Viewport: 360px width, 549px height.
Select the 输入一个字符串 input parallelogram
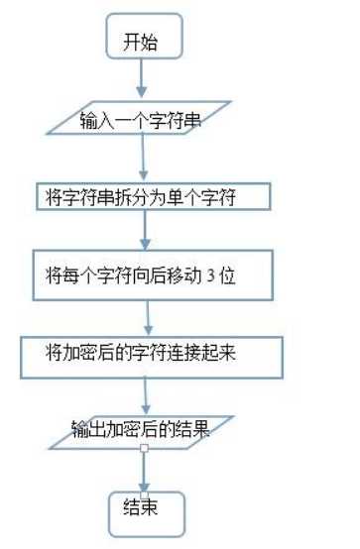coord(145,120)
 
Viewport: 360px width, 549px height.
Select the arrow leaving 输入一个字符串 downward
coord(145,158)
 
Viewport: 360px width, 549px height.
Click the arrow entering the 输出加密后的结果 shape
coord(147,392)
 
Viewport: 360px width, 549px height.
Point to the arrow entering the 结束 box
coord(145,471)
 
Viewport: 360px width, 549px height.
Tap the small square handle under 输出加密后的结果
coord(145,450)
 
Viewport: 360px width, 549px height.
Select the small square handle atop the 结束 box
coord(145,493)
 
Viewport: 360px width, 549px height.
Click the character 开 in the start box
coord(131,42)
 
